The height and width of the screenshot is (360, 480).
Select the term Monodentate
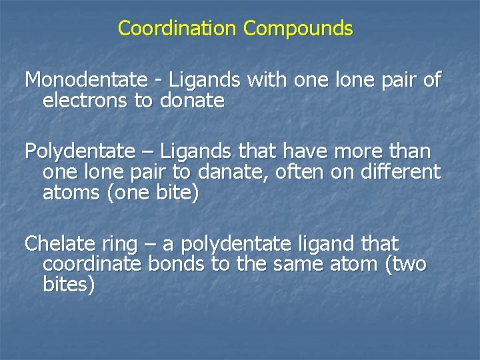(x=86, y=81)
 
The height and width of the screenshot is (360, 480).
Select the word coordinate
(x=92, y=264)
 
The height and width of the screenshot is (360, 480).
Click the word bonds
(x=177, y=264)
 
